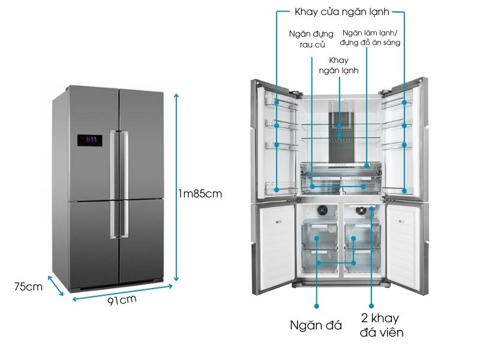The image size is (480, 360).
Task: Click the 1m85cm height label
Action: click(x=201, y=193)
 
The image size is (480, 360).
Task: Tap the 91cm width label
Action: click(x=122, y=299)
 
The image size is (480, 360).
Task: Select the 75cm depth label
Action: click(x=28, y=286)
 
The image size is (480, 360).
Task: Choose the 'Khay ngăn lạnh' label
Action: click(x=339, y=65)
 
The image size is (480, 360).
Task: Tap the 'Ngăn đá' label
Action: click(x=316, y=325)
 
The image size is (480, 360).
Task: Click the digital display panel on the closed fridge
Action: click(x=89, y=140)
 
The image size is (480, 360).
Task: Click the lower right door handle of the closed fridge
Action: click(x=125, y=219)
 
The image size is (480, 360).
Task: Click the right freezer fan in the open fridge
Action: click(x=361, y=211)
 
